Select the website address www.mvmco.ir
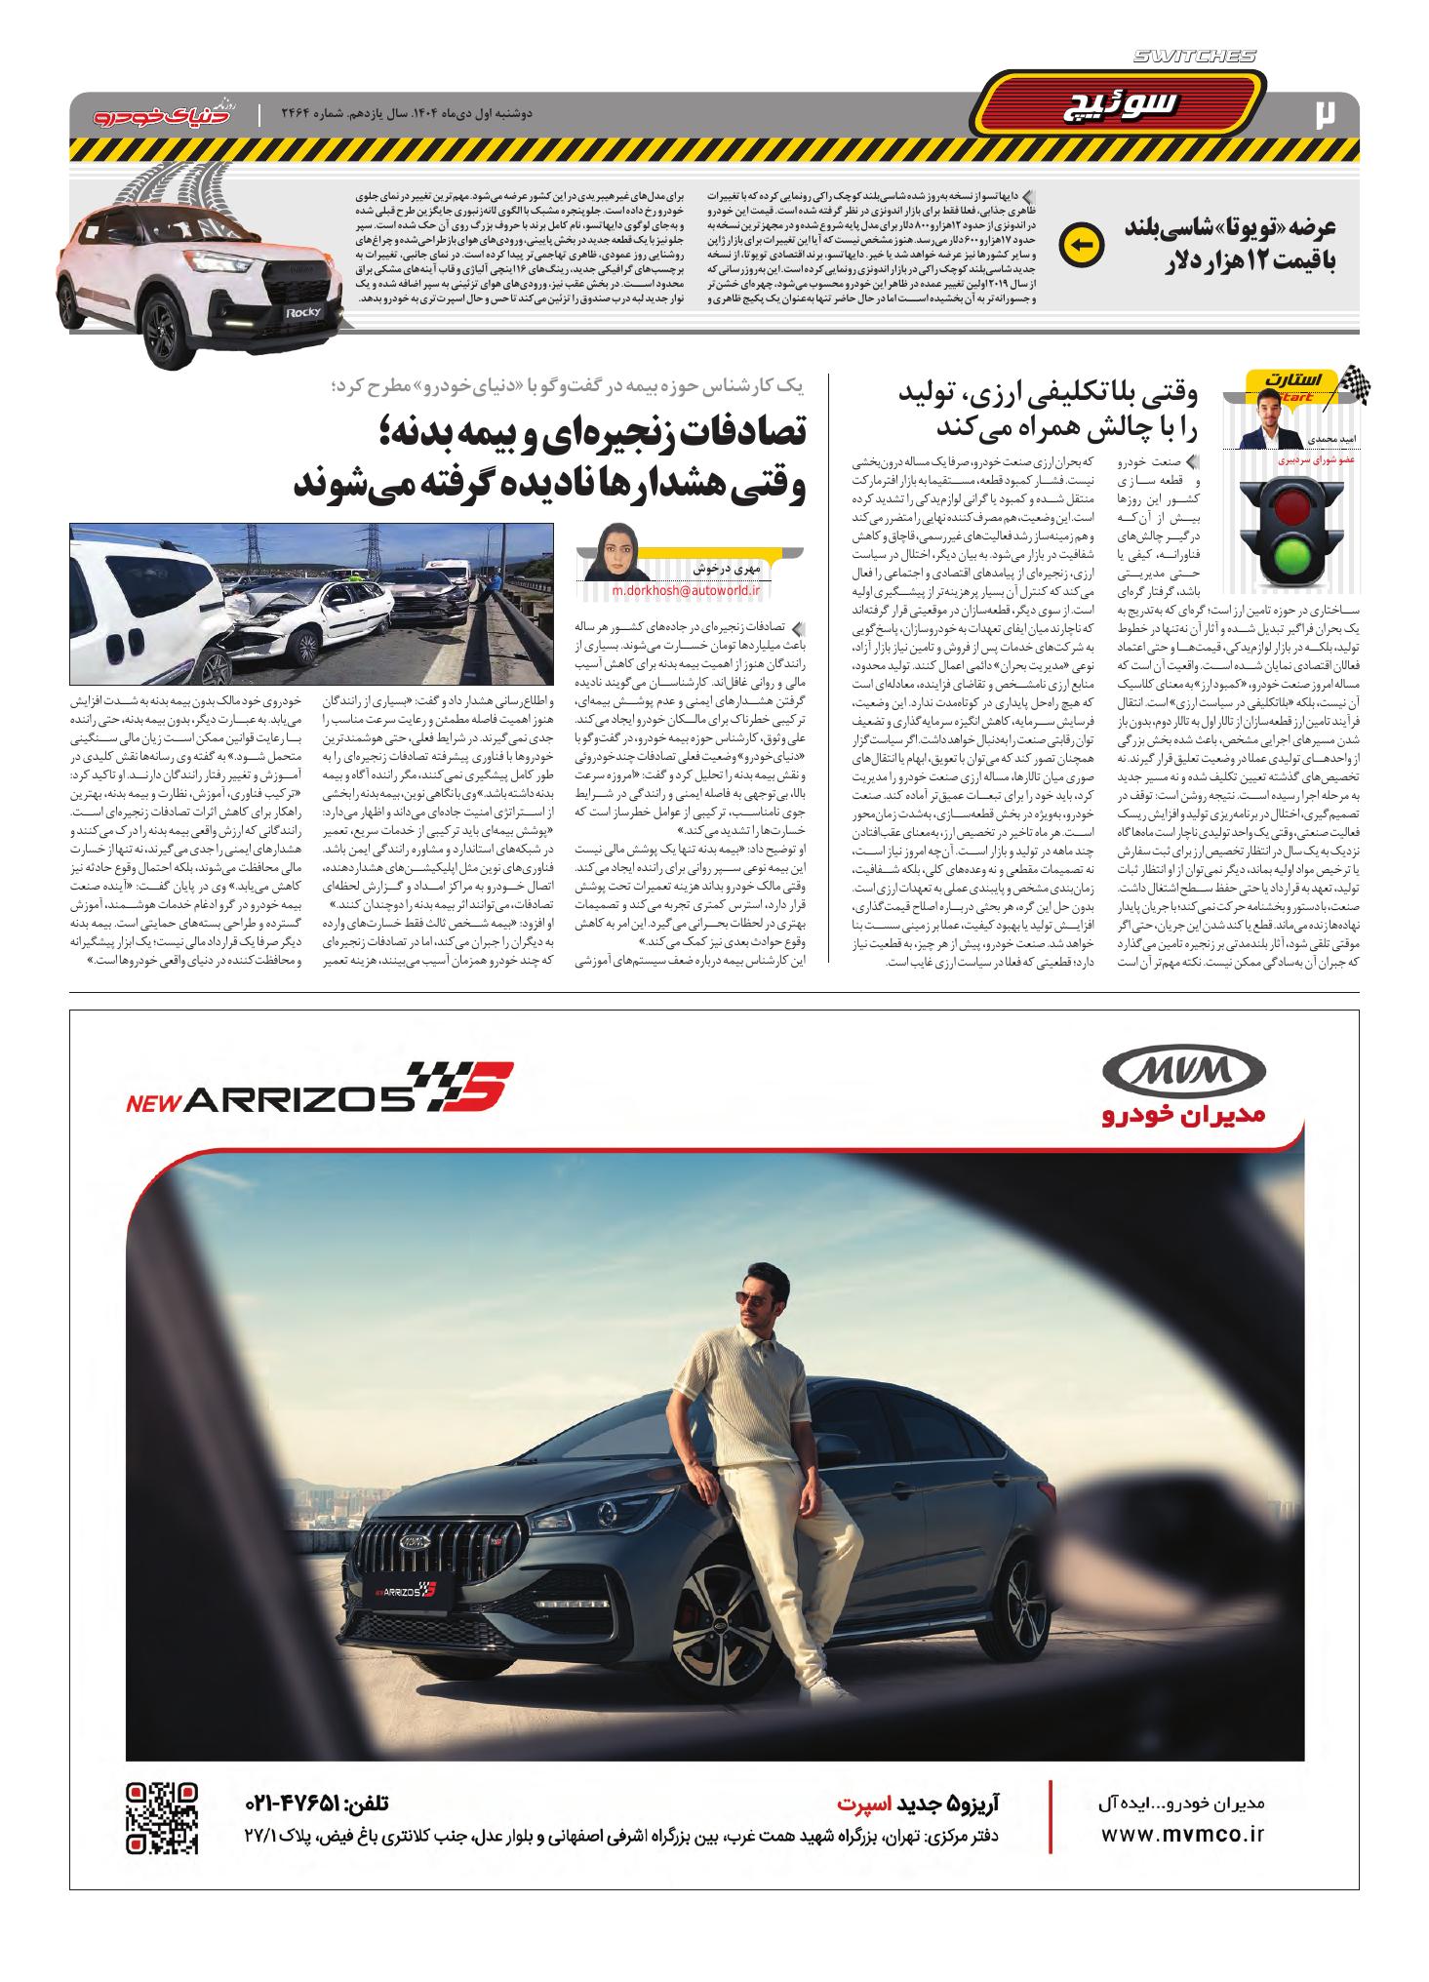(1182, 1834)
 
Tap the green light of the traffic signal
(1292, 561)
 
